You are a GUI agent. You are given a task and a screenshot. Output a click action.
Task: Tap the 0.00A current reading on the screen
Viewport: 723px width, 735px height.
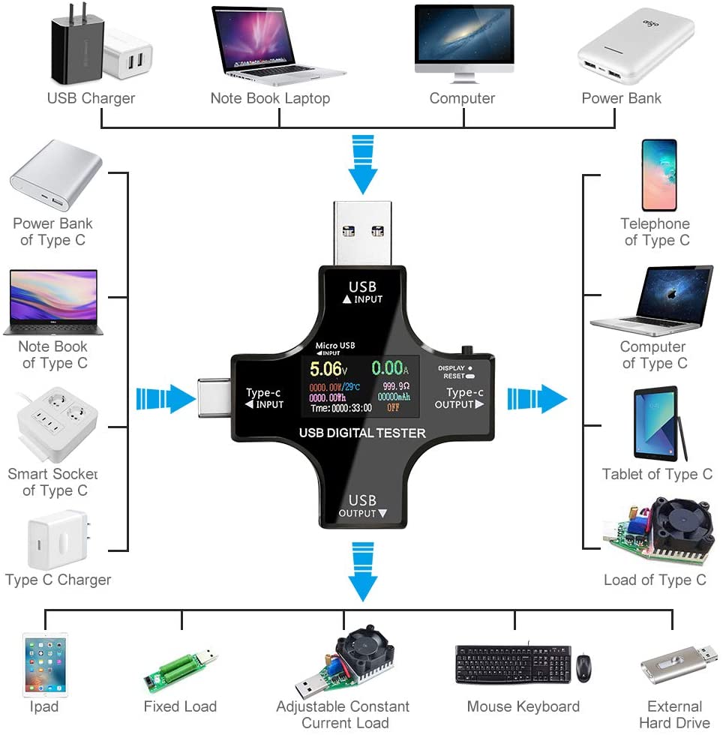coord(388,368)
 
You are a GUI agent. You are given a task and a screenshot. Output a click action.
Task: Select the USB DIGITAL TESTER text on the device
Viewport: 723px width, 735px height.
coord(362,433)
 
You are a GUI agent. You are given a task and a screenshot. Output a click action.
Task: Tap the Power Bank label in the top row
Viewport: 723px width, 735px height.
coord(621,98)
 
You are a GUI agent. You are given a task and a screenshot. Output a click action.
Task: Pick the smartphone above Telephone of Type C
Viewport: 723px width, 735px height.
coord(658,175)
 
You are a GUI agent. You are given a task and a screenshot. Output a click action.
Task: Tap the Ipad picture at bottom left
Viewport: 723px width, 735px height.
coord(45,664)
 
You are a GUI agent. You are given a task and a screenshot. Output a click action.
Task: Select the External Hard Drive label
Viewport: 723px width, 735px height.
coord(674,715)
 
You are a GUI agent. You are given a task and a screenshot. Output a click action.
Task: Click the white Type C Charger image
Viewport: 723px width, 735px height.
coord(57,540)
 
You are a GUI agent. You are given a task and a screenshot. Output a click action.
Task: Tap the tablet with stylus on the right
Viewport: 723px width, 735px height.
coord(658,424)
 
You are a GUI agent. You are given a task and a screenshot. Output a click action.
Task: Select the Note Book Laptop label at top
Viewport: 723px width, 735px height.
coord(270,98)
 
